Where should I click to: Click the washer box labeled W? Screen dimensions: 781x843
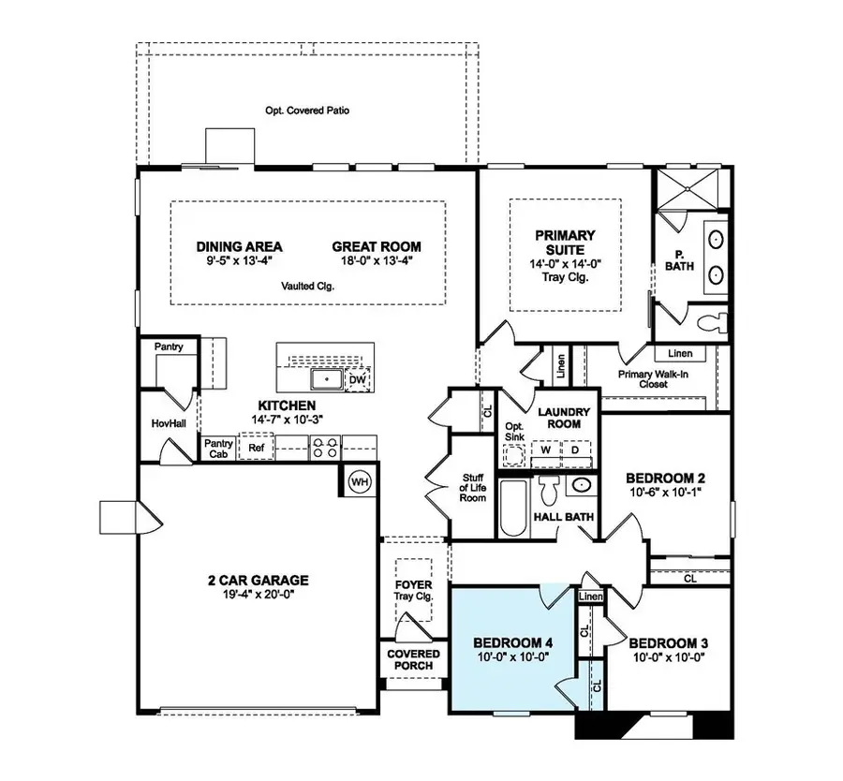click(546, 450)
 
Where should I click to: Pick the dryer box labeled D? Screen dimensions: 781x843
click(574, 450)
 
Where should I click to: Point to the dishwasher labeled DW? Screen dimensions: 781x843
click(357, 379)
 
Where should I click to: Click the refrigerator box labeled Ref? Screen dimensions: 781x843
click(255, 449)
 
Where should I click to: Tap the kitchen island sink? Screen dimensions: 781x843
click(325, 380)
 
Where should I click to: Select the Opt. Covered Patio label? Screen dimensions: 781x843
click(301, 111)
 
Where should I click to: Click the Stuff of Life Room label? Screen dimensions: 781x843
click(473, 487)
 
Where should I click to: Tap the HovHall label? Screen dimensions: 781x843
click(165, 423)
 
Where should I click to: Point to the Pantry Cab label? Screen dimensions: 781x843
click(218, 449)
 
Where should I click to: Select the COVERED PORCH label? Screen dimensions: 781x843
click(412, 659)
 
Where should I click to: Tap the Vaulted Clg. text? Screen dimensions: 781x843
click(308, 287)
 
